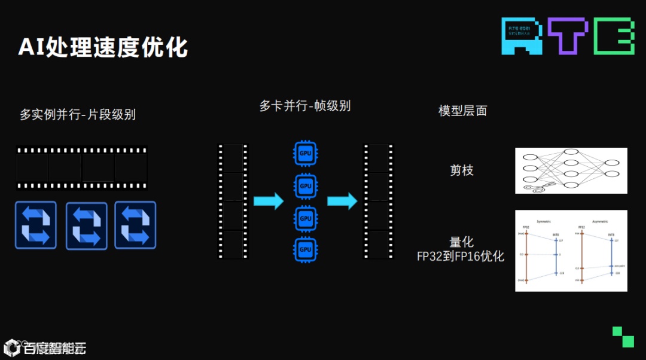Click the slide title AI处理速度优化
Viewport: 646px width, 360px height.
click(x=103, y=47)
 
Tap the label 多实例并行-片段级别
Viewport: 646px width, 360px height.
click(x=78, y=114)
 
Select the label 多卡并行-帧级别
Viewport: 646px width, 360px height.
click(x=305, y=106)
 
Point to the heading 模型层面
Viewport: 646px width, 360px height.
click(x=462, y=111)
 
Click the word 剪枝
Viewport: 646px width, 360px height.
click(x=461, y=170)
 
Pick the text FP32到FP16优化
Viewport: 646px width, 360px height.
click(x=461, y=257)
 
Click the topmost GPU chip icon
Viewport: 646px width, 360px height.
click(x=306, y=153)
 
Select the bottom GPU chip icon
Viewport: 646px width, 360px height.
click(x=306, y=249)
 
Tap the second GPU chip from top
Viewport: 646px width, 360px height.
click(x=306, y=185)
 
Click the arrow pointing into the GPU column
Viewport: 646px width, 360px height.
click(x=268, y=201)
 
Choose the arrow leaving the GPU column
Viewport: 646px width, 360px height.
click(x=342, y=201)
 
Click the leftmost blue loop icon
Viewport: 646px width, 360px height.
click(x=36, y=225)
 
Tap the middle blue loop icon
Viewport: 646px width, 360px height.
click(x=86, y=225)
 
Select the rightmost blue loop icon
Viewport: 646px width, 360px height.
click(x=135, y=225)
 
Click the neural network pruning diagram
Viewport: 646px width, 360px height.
click(x=571, y=170)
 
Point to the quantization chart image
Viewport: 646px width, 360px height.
click(x=571, y=251)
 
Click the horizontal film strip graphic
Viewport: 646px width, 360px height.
click(x=81, y=168)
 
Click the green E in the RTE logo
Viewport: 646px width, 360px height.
click(x=614, y=36)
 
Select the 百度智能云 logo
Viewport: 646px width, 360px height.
click(x=45, y=347)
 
